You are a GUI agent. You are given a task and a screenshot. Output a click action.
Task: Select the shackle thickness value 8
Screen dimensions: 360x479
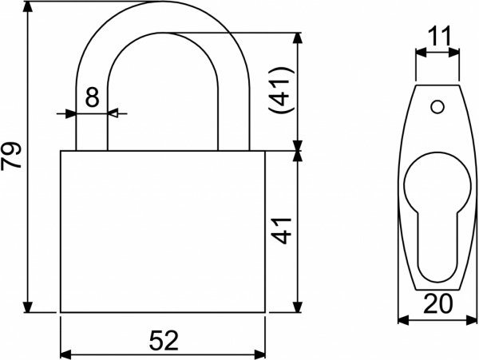coord(91,98)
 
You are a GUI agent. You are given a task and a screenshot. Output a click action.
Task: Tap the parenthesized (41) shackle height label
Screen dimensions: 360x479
coord(281,92)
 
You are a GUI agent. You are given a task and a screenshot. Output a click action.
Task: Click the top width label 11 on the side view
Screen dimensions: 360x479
coord(438,36)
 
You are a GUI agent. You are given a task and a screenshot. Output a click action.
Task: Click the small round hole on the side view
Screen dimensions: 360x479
coord(436,105)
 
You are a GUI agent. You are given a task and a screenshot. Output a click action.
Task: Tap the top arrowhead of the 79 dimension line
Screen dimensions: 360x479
coord(29,6)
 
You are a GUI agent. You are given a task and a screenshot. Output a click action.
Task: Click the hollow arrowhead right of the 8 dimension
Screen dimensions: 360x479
coord(113,114)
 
